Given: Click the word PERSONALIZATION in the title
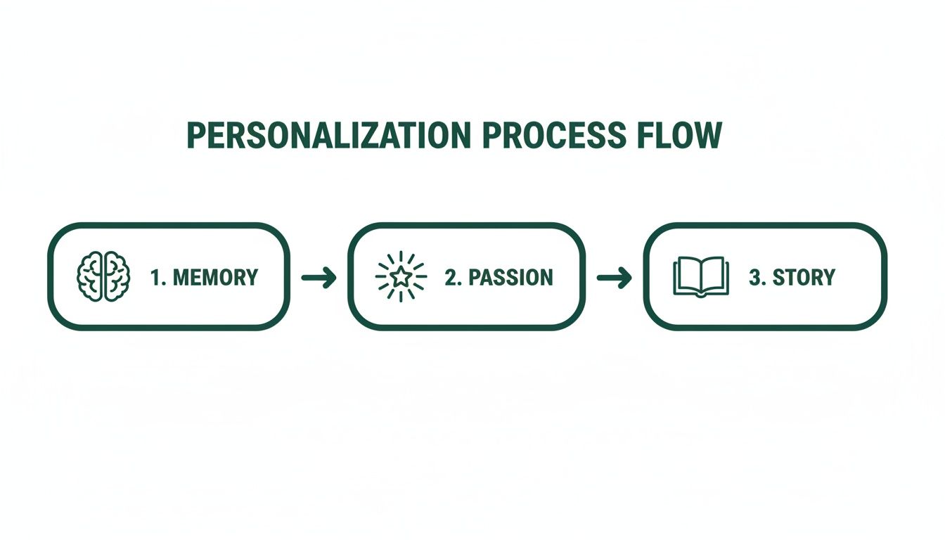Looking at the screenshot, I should click(328, 136).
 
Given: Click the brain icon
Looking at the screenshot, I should click(103, 277).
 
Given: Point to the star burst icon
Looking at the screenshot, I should click(400, 277).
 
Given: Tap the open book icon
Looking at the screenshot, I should click(700, 277).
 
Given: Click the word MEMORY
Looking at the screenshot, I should click(215, 277).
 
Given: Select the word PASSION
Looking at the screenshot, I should click(510, 277).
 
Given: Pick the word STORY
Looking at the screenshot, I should click(804, 277).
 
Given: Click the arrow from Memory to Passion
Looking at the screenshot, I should click(319, 278).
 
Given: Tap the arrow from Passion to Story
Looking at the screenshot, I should click(614, 278).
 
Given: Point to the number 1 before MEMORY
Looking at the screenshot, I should click(156, 277).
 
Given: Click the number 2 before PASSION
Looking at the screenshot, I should click(451, 277).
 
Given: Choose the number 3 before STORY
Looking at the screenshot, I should click(755, 277).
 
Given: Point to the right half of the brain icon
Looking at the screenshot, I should click(115, 277).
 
